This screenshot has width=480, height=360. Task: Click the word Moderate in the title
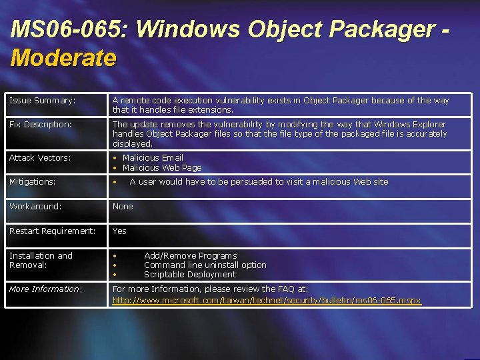click(63, 58)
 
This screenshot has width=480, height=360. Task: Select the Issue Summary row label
click(42, 101)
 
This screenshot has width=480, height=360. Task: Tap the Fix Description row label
click(40, 125)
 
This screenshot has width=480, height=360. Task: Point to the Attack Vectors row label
click(39, 158)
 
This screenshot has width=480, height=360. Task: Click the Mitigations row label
click(32, 182)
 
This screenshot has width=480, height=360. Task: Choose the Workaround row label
click(35, 207)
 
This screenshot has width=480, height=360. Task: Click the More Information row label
click(45, 289)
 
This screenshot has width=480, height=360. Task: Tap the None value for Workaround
click(123, 207)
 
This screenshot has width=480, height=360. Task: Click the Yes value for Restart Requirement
click(119, 231)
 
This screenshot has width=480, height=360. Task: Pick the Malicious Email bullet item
click(153, 158)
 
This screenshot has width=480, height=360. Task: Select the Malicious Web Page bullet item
click(162, 168)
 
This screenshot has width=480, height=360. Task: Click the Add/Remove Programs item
click(190, 256)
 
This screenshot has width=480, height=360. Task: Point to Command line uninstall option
click(205, 265)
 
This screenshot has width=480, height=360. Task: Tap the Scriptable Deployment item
click(189, 275)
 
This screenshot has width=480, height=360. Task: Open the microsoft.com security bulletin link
click(267, 301)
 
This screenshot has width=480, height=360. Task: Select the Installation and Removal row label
click(41, 260)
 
